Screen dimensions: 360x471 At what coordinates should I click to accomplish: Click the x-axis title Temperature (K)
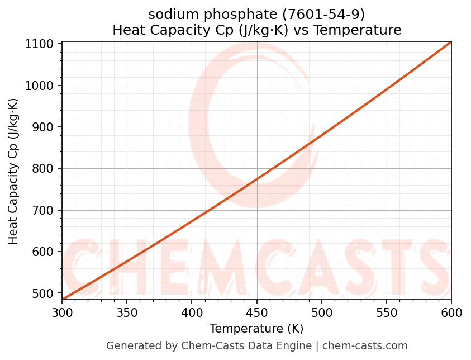[256, 329]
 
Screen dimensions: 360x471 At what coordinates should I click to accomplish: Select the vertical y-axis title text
[13, 171]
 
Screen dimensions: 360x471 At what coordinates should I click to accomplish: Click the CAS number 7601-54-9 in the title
[320, 14]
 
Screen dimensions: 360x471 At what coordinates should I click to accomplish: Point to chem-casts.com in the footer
[365, 346]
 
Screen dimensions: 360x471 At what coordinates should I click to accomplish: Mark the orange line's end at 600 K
[451, 42]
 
